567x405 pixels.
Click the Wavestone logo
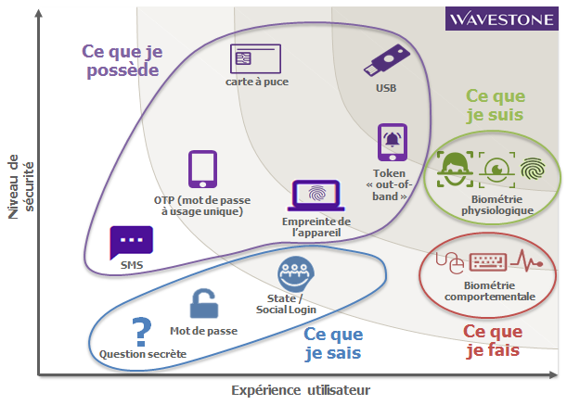coord(501,18)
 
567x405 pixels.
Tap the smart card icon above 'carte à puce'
coord(255,58)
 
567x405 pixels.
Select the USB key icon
coord(387,60)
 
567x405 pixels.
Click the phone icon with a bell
coord(393,143)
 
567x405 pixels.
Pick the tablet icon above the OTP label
coord(202,169)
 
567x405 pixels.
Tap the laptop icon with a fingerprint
coord(316,196)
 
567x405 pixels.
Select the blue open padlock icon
coord(204,303)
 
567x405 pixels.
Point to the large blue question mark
coord(141,332)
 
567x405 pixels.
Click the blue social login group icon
coord(295,273)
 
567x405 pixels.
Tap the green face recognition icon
coord(455,169)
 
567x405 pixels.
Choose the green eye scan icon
coord(496,170)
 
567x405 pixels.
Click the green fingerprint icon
coord(533,169)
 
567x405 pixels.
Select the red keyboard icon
coord(488,262)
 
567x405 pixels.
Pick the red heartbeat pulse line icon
coord(527,260)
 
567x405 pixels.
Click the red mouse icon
coord(450,262)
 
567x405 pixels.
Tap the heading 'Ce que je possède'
coord(122,60)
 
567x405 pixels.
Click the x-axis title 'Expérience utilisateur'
coord(301,390)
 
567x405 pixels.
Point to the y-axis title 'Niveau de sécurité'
coord(21,187)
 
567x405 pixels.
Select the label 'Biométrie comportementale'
coord(490,291)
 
